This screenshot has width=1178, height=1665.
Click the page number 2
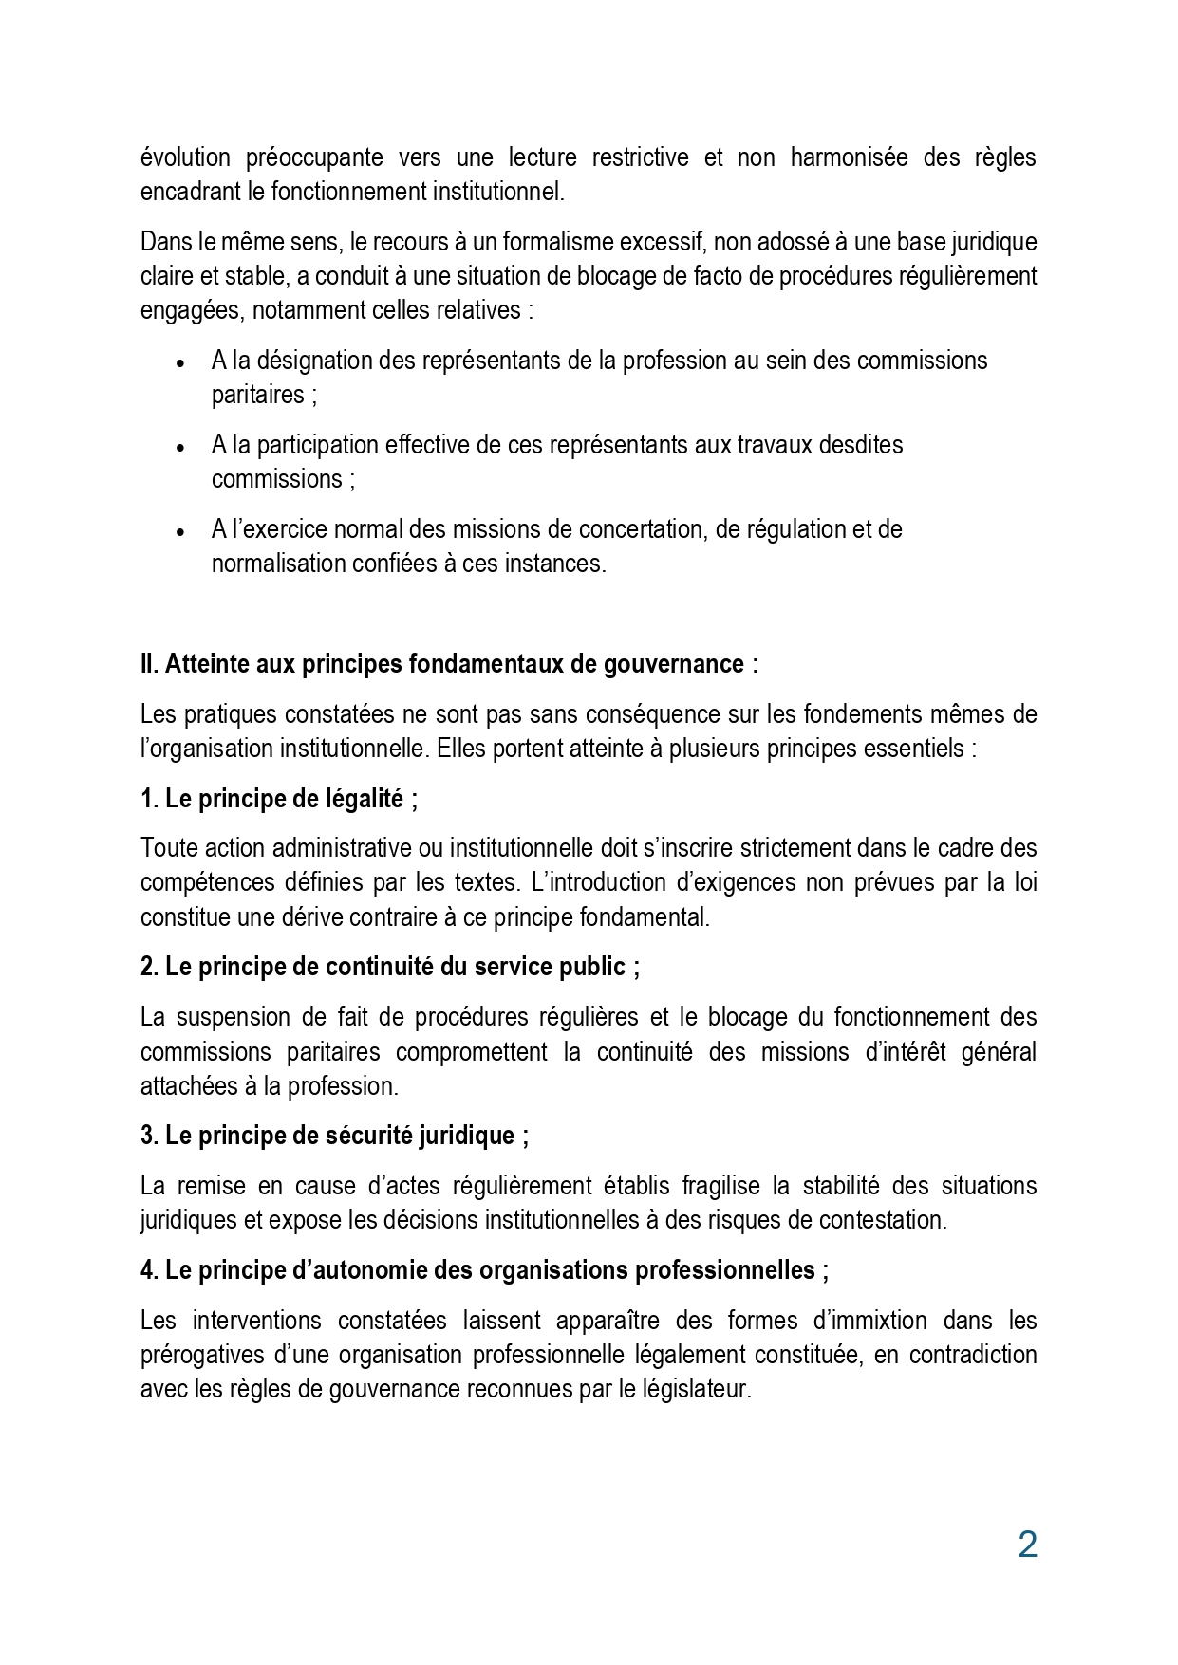tap(1026, 1545)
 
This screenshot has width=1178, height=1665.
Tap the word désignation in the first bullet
tap(313, 361)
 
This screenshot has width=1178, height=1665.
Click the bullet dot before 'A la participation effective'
tap(180, 447)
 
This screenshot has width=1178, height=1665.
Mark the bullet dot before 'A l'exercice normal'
tap(180, 531)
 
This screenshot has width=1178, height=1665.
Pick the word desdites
tap(860, 444)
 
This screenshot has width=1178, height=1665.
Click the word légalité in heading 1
tap(365, 799)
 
